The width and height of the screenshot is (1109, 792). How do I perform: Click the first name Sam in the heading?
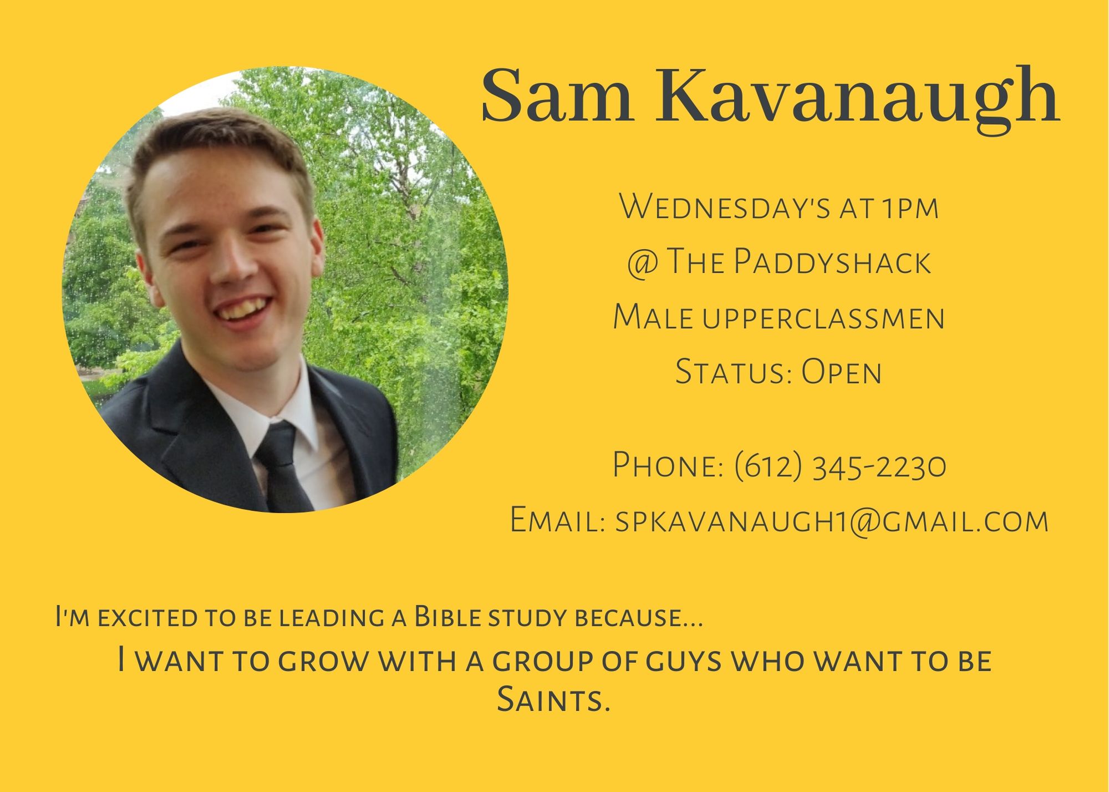pyautogui.click(x=557, y=95)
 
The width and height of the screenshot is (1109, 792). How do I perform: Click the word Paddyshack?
pyautogui.click(x=832, y=262)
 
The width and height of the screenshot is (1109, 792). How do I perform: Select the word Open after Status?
pyautogui.click(x=841, y=372)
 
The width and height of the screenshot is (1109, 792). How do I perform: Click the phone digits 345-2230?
pyautogui.click(x=879, y=466)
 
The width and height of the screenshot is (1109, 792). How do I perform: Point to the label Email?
pyautogui.click(x=557, y=520)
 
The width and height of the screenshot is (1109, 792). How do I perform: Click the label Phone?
pyautogui.click(x=668, y=465)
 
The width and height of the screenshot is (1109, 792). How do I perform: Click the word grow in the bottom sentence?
pyautogui.click(x=323, y=662)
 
